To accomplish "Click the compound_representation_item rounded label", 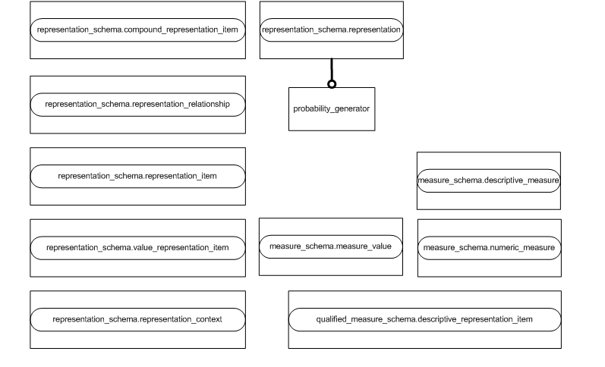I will pos(137,30).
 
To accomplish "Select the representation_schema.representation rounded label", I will pos(331,30).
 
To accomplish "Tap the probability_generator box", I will pos(332,109).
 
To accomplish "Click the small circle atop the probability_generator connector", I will pos(332,84).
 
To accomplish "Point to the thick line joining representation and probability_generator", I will pos(332,70).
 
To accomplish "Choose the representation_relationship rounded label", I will pos(137,104).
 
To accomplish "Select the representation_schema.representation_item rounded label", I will pos(137,176).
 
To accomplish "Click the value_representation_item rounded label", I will pos(137,248).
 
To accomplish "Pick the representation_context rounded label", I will pos(137,319).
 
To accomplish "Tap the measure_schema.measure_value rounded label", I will pos(330,246).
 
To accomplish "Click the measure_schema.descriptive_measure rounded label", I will pos(488,180).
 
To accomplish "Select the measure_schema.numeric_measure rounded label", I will pos(489,248).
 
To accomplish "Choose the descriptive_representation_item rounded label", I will pos(424,319).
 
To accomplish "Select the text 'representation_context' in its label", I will pos(180,319).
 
